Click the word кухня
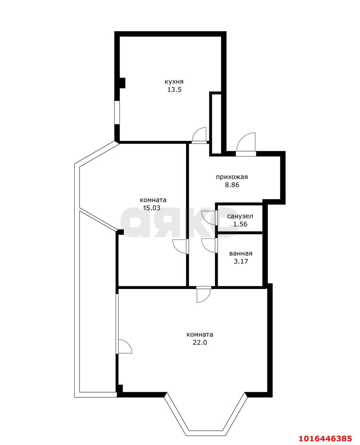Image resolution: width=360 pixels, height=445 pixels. tap(174, 82)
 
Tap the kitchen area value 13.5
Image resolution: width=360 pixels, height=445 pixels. tap(174, 90)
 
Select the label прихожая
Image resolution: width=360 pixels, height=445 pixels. tap(232, 177)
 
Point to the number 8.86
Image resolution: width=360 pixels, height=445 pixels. tap(232, 185)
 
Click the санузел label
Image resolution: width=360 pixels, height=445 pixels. tap(240, 216)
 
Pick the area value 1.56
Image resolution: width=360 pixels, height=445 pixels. tap(240, 224)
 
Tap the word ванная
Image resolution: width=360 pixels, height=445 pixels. tap(241, 253)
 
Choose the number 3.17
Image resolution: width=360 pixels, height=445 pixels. tap(241, 261)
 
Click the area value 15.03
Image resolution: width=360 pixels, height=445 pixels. tap(152, 208)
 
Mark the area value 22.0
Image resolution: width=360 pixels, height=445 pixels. tap(200, 343)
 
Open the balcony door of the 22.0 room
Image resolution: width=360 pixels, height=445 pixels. tap(125, 347)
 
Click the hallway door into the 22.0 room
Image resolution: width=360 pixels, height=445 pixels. tap(204, 295)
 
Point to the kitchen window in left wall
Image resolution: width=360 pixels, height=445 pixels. tap(117, 113)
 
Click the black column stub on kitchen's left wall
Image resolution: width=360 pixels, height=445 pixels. tap(122, 83)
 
